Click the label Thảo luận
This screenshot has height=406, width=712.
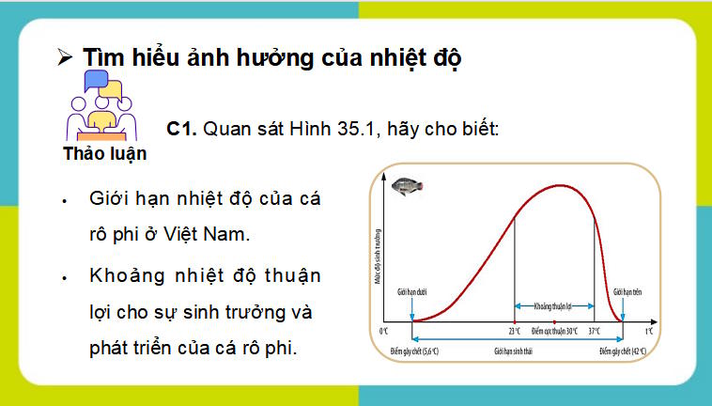point(105,154)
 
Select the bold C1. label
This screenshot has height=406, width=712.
point(182,128)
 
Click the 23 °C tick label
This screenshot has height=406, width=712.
point(515,332)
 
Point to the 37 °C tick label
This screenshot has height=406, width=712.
point(595,332)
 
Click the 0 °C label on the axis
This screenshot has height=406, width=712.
point(383,332)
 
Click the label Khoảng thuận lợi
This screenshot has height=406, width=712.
point(554,305)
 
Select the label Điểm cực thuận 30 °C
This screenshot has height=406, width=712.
point(554,332)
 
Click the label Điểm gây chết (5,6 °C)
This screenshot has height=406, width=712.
point(414,351)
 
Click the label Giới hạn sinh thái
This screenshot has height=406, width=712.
point(516,351)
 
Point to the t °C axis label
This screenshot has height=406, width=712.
point(648,332)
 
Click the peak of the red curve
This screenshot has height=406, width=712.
point(560,185)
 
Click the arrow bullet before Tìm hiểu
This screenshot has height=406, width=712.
point(65,57)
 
